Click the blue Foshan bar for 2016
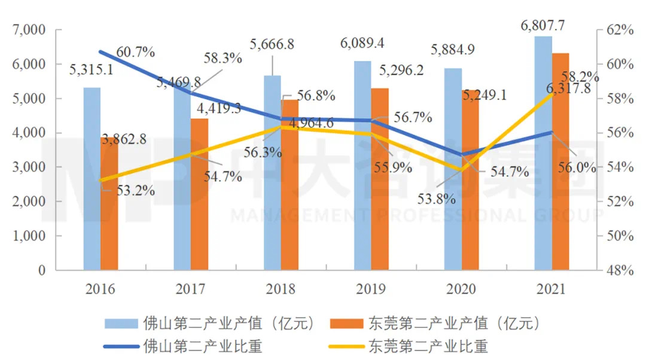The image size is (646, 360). pyautogui.click(x=92, y=179)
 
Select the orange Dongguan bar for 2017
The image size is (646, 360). pyautogui.click(x=200, y=197)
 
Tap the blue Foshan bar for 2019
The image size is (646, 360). pyautogui.click(x=362, y=167)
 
